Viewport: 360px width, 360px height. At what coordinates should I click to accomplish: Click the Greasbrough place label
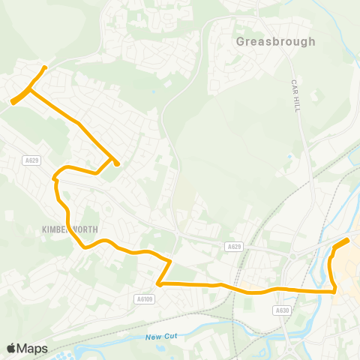click(x=275, y=42)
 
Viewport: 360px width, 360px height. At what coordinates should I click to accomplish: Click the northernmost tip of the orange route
click(x=46, y=67)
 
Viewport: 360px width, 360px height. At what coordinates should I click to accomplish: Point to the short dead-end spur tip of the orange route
click(x=117, y=163)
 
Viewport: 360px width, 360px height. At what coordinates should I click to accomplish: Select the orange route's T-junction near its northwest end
click(x=29, y=91)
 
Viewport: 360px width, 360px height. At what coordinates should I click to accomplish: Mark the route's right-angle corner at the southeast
click(x=334, y=290)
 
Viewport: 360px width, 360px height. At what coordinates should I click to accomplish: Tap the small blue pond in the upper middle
click(x=154, y=92)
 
